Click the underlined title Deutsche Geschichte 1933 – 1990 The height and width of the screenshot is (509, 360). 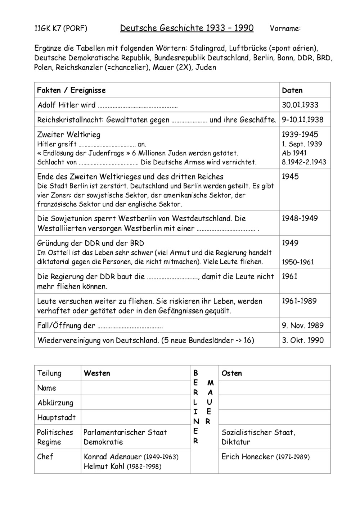186,28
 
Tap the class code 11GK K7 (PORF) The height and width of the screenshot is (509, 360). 60,28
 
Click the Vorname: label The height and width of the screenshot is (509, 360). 285,29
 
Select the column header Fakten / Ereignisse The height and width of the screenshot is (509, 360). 71,90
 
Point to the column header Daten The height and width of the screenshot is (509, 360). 292,90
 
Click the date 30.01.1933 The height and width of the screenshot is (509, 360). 300,105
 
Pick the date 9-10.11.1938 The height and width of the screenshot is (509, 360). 302,120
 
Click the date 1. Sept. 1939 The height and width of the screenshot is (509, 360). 302,144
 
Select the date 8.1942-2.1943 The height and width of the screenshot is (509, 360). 304,162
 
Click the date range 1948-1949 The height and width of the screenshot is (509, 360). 300,218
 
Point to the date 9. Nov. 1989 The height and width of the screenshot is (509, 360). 302,326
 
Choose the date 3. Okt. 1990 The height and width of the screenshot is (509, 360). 302,340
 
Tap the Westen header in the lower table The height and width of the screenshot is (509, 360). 97,373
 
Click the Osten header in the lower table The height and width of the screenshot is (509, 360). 231,373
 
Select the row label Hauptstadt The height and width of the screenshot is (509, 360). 57,418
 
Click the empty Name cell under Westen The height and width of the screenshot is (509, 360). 136,388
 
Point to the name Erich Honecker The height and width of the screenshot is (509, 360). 248,457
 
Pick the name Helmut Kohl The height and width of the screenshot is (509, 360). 104,467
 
